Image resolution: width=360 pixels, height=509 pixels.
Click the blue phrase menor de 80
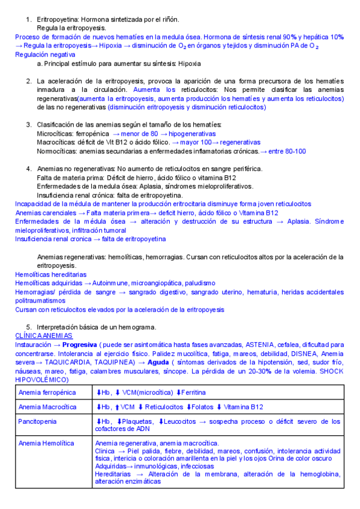(x=144, y=133)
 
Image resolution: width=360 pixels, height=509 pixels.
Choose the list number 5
(x=29, y=327)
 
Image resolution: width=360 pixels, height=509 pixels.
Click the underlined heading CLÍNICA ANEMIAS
(x=44, y=336)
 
